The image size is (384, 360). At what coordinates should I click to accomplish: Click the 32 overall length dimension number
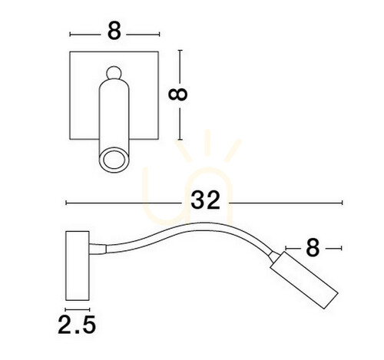[205, 200]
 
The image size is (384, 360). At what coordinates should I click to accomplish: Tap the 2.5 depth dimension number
[77, 325]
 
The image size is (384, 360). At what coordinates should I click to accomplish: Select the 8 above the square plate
[114, 31]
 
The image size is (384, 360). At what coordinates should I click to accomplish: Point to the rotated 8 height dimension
[177, 94]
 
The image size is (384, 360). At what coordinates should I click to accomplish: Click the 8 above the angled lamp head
[313, 247]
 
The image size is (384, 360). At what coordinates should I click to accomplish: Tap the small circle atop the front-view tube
[114, 73]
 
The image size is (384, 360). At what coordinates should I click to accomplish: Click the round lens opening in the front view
[114, 160]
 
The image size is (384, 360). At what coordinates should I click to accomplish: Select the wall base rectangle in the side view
[78, 266]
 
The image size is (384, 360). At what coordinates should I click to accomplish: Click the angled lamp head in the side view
[304, 280]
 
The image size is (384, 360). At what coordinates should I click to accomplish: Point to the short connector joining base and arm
[98, 249]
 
